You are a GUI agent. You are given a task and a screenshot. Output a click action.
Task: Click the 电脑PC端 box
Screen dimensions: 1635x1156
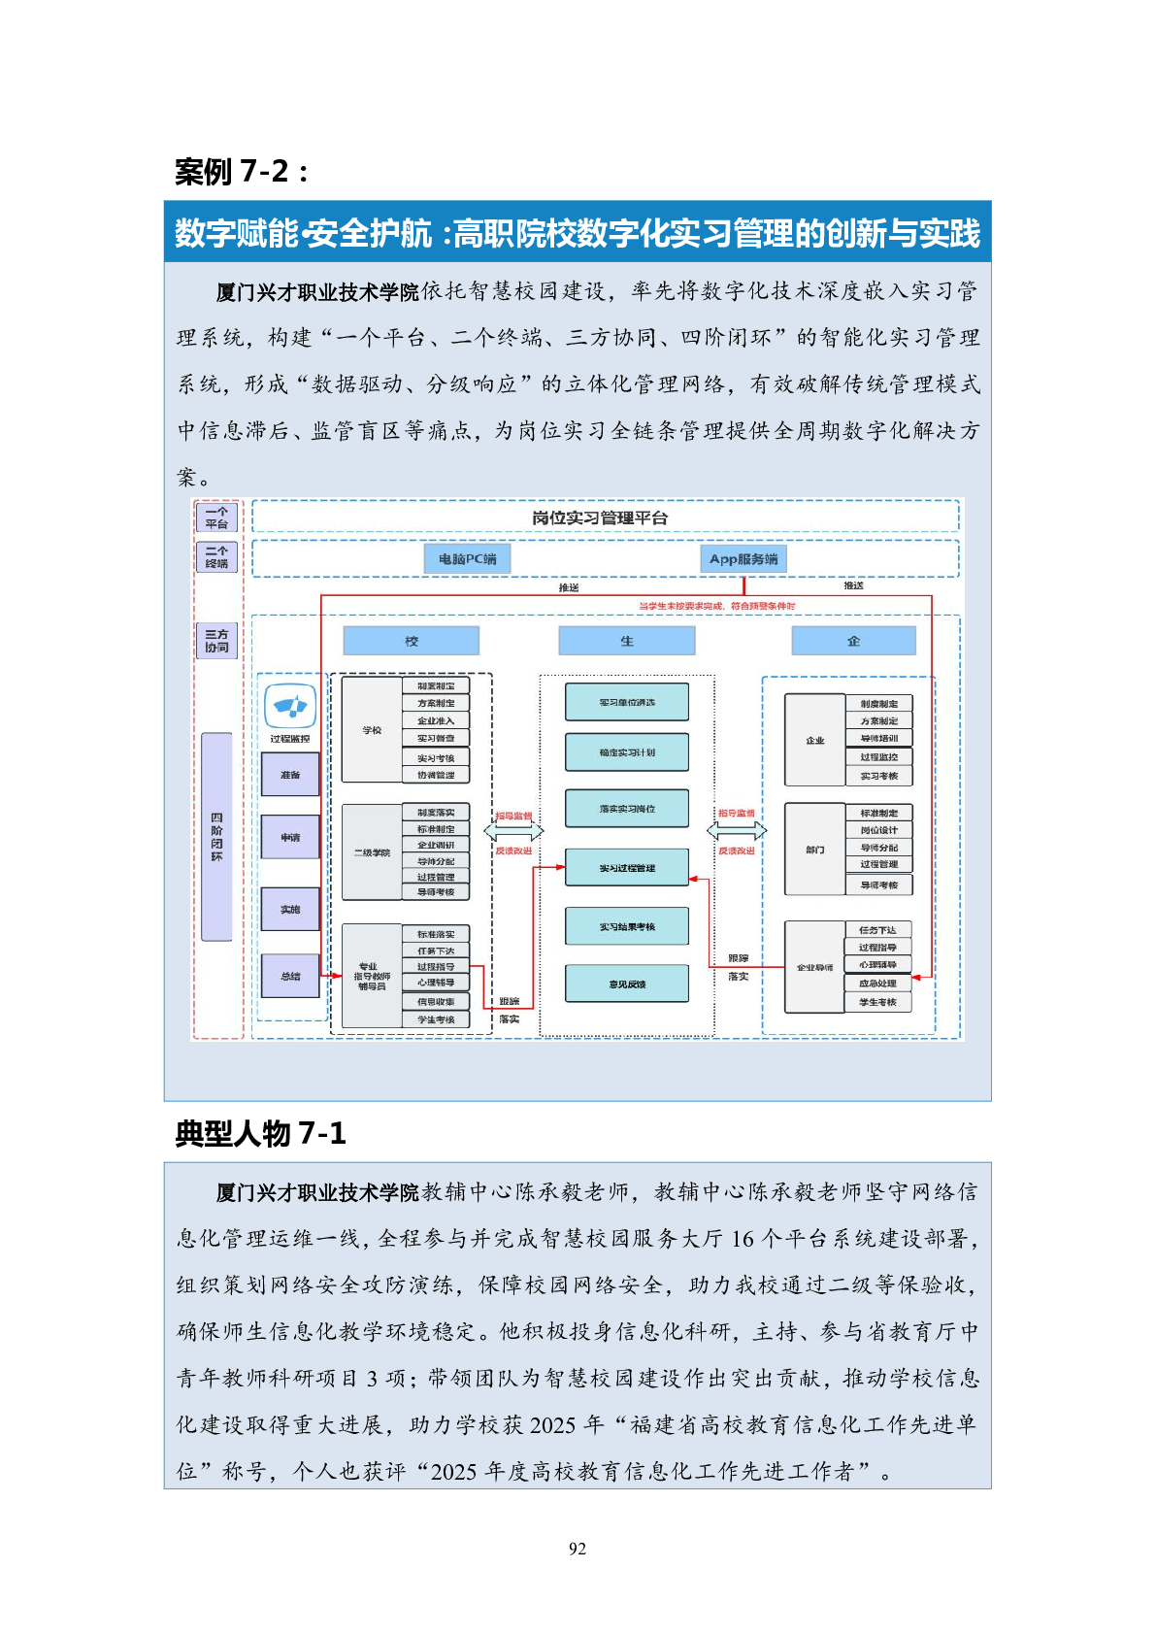pyautogui.click(x=467, y=558)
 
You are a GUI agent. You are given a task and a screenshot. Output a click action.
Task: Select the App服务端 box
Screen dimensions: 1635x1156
pyautogui.click(x=743, y=558)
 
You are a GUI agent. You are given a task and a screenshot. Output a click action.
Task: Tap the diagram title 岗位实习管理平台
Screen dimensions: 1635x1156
pyautogui.click(x=600, y=517)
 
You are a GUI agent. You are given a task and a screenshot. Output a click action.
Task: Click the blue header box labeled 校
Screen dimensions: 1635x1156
pyautogui.click(x=412, y=641)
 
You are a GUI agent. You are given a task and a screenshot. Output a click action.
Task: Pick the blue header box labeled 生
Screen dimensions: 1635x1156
pyautogui.click(x=627, y=641)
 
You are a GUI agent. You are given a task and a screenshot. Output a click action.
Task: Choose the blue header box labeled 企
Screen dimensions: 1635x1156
pyautogui.click(x=853, y=641)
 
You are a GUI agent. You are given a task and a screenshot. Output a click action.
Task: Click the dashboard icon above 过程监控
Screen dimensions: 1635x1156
pyautogui.click(x=290, y=706)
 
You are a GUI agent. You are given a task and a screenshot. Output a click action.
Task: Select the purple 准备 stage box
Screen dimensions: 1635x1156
pyautogui.click(x=290, y=775)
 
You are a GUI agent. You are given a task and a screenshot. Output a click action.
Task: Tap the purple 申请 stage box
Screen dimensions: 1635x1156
pyautogui.click(x=290, y=837)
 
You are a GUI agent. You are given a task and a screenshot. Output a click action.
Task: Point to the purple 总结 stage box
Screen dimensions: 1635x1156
pyautogui.click(x=290, y=976)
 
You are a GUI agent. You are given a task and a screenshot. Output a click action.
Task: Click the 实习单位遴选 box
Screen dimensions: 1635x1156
pyautogui.click(x=627, y=702)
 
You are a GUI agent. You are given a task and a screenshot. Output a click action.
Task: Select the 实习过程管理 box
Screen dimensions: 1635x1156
pyautogui.click(x=627, y=868)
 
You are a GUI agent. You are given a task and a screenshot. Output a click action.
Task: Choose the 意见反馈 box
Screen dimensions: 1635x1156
pyautogui.click(x=627, y=984)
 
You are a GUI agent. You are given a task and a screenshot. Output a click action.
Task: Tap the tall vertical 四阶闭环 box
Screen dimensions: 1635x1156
pyautogui.click(x=216, y=837)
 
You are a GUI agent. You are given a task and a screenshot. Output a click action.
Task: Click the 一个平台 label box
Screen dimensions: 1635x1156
pyautogui.click(x=216, y=517)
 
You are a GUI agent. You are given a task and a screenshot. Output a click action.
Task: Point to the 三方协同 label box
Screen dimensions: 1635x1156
pyautogui.click(x=216, y=641)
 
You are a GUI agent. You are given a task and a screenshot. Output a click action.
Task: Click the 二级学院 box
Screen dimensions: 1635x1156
pyautogui.click(x=372, y=852)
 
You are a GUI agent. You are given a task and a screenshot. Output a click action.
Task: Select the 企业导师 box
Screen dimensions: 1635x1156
pyautogui.click(x=814, y=967)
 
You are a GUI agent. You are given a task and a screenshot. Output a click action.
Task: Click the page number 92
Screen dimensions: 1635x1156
pyautogui.click(x=578, y=1549)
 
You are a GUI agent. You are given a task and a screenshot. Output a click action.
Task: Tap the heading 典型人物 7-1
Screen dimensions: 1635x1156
pyautogui.click(x=260, y=1133)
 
